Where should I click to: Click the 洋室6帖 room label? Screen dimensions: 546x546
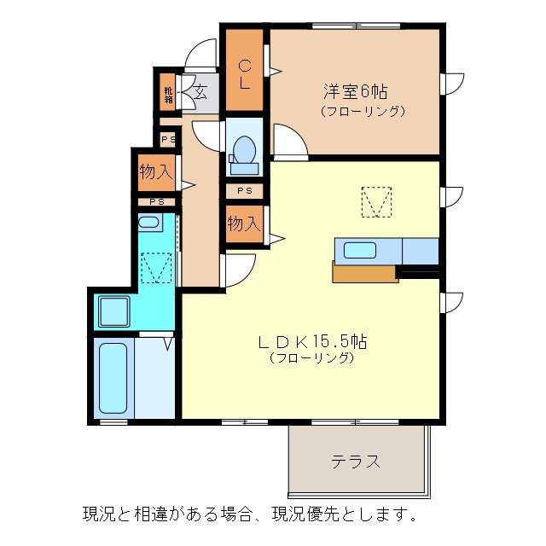click(x=356, y=90)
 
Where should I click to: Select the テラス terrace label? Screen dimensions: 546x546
click(x=356, y=462)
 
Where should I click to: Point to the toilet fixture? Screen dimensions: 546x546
click(x=243, y=149)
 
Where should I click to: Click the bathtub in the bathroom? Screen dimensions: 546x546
click(x=113, y=376)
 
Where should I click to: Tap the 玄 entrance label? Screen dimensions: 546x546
click(x=200, y=92)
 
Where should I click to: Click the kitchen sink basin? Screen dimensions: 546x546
click(x=359, y=251)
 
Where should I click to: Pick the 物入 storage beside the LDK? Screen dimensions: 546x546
click(x=243, y=224)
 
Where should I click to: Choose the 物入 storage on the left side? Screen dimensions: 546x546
click(x=155, y=172)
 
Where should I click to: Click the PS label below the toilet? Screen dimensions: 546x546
click(x=244, y=191)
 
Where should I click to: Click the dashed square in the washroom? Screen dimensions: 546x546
click(x=157, y=268)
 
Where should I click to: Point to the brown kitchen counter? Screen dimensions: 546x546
click(x=365, y=273)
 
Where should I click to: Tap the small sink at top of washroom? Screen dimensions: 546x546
click(x=148, y=224)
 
